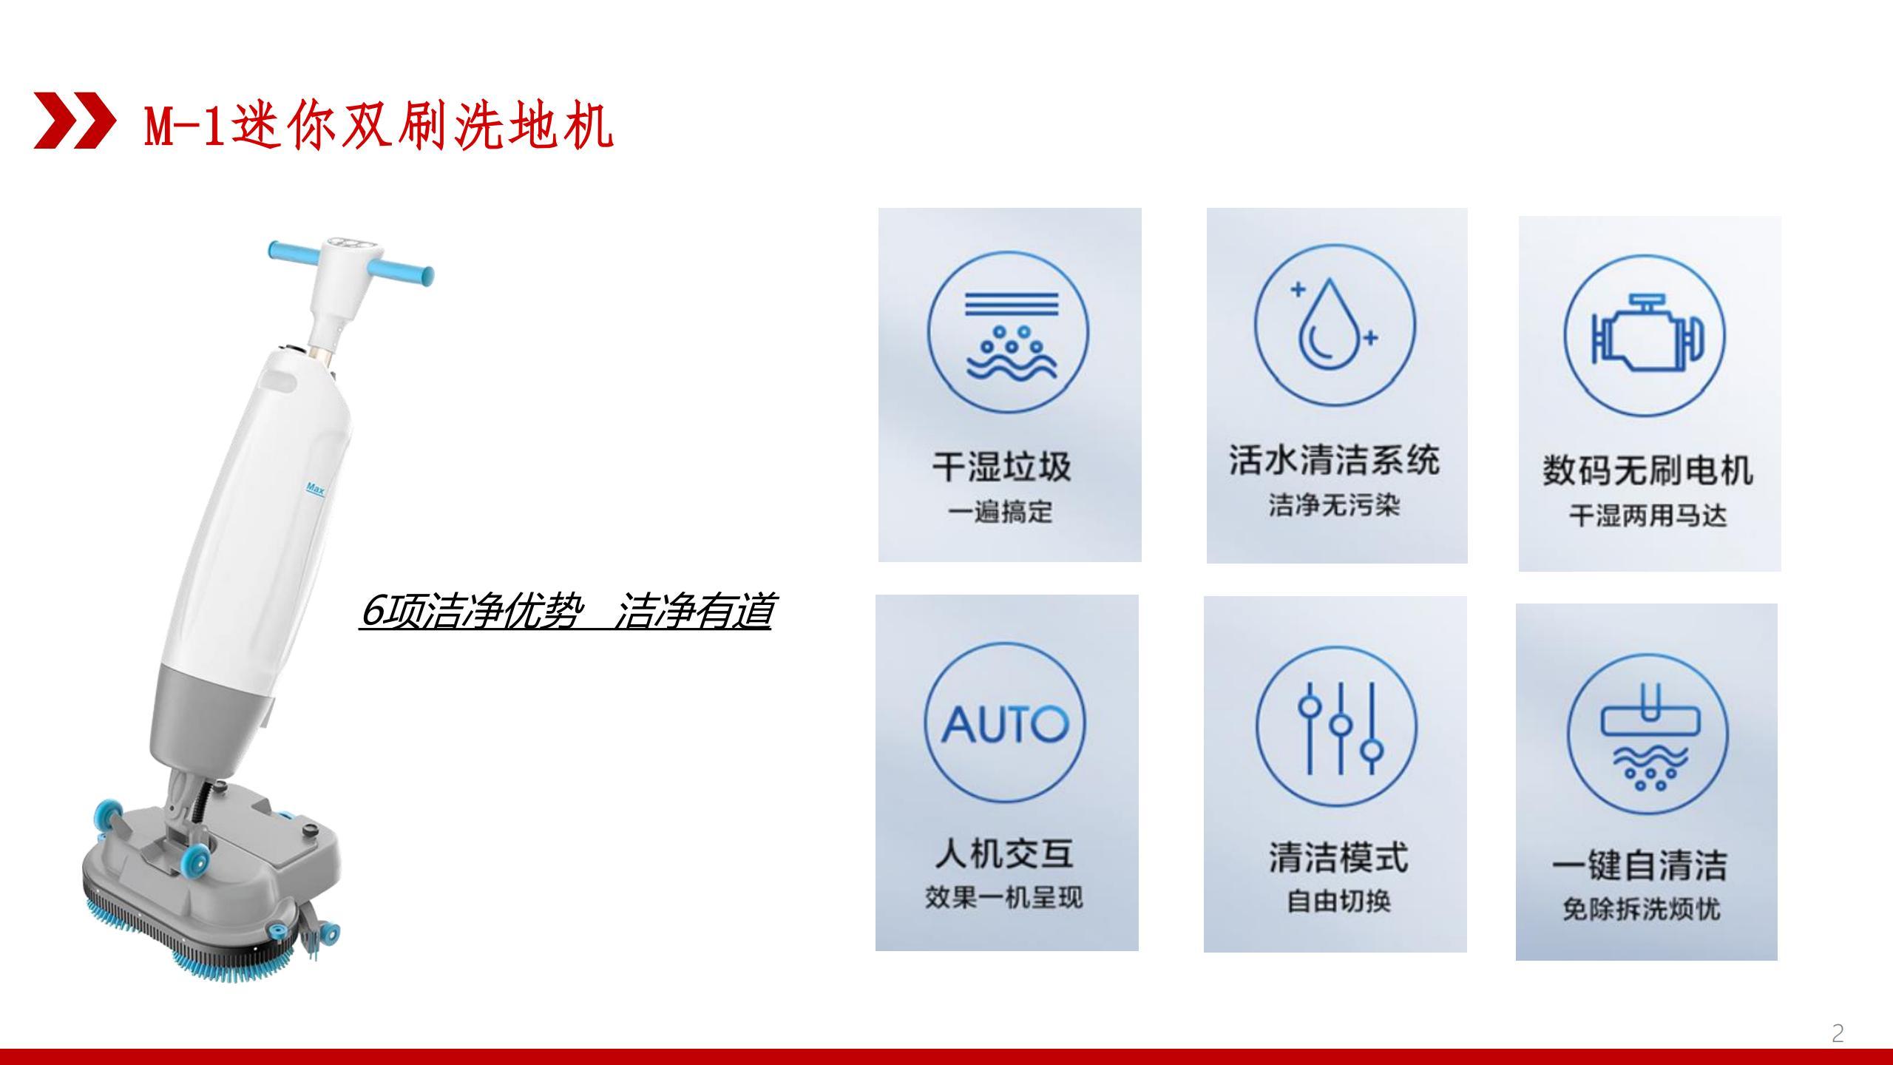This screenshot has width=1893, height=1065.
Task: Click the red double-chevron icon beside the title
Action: click(74, 121)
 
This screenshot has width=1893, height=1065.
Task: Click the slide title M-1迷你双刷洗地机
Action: click(379, 124)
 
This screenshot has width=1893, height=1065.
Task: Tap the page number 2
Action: click(1838, 1033)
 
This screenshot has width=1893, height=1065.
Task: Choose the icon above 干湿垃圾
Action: click(1008, 331)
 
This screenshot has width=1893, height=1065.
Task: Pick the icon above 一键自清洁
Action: click(1648, 734)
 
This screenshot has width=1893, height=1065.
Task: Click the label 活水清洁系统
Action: click(1335, 460)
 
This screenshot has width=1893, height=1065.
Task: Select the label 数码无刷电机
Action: click(1648, 470)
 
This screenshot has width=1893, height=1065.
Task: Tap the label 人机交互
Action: click(1004, 853)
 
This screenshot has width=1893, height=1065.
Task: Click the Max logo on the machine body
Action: click(315, 489)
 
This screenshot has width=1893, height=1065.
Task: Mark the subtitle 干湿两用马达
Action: click(1648, 515)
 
